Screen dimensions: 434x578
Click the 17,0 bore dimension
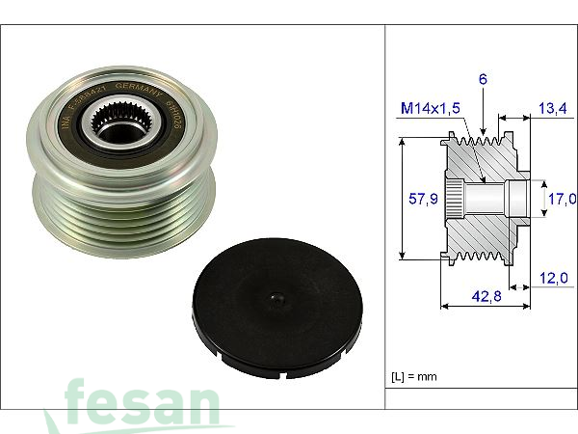562,199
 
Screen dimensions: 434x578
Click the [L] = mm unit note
413,374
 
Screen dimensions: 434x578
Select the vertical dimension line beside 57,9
400,199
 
